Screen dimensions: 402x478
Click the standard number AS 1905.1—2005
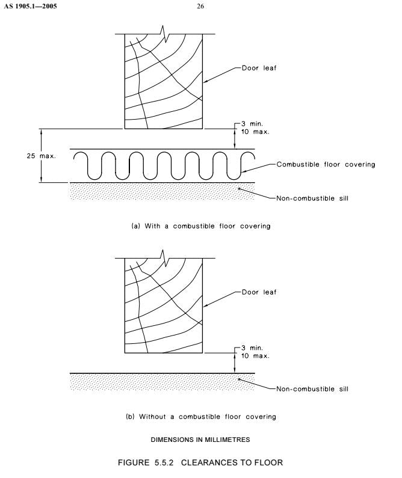tap(30, 6)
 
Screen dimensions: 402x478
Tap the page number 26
tap(200, 6)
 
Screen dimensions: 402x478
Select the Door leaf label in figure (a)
tap(259, 68)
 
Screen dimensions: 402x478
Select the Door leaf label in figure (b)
tap(259, 292)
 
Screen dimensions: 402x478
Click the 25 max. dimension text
tap(41, 156)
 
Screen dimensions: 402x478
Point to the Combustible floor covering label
tap(326, 164)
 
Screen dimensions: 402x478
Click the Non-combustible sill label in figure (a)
tap(312, 198)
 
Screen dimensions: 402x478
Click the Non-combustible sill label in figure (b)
tap(312, 389)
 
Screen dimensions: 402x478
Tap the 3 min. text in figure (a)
tap(252, 124)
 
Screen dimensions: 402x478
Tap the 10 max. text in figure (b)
tap(255, 356)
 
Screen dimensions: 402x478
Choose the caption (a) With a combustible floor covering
tap(200, 226)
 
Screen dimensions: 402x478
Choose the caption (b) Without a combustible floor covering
tap(200, 417)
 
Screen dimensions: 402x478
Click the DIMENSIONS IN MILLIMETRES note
tap(200, 440)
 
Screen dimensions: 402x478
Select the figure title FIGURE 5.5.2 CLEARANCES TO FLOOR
tap(200, 462)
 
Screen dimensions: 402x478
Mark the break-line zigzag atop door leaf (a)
tap(164, 34)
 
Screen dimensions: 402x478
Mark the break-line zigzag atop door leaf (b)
tap(164, 258)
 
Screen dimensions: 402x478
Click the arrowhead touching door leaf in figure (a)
tap(205, 81)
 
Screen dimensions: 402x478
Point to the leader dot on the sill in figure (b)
tap(240, 379)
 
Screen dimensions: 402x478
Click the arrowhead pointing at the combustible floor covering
tap(244, 171)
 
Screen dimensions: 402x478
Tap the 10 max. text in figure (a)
tap(255, 132)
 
